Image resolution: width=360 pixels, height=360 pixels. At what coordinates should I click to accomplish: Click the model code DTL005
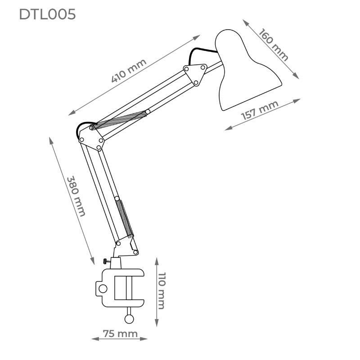pos(47,14)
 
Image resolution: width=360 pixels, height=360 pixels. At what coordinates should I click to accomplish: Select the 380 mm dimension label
pos(76,196)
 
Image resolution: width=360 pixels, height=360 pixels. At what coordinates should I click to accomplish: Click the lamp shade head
pos(245,72)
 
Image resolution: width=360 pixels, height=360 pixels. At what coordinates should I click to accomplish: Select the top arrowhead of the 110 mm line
pos(156,260)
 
